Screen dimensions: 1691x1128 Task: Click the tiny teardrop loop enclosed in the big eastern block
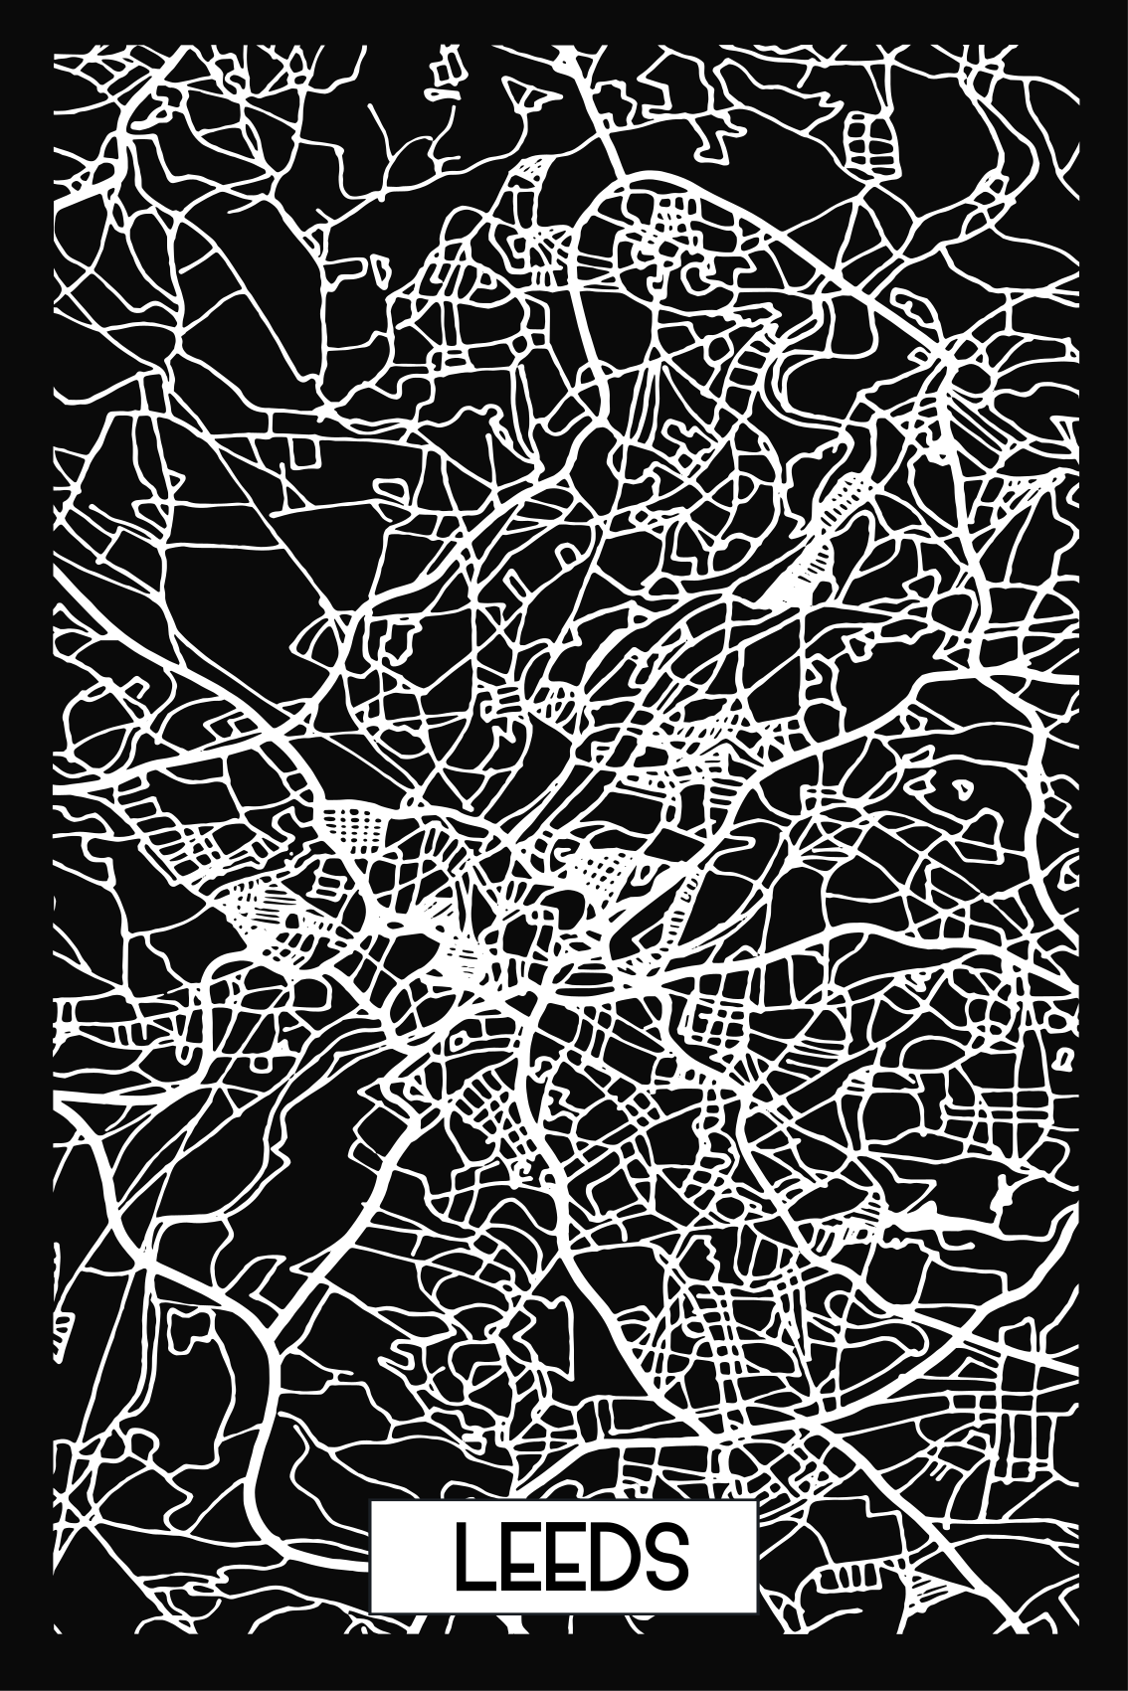(962, 788)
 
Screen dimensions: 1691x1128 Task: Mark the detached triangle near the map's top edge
(517, 93)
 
